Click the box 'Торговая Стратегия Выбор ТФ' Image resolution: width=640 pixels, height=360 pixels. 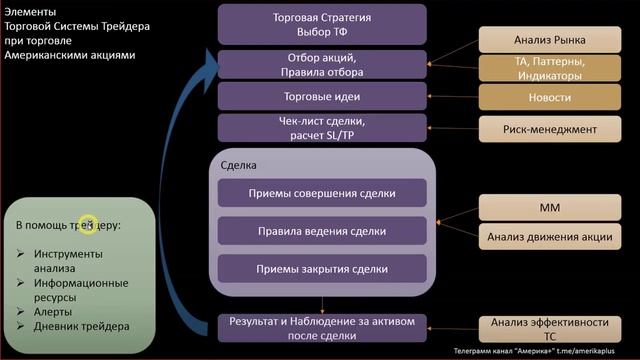322,24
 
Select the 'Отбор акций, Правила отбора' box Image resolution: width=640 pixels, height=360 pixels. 322,64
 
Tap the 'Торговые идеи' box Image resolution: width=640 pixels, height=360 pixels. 322,97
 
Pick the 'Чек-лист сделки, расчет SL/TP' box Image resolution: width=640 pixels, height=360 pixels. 322,128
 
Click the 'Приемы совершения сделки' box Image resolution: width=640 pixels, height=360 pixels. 322,193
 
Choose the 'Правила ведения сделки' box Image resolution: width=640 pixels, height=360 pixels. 322,231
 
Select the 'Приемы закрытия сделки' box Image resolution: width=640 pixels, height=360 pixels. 322,268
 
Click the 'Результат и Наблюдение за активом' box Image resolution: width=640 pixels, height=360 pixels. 322,328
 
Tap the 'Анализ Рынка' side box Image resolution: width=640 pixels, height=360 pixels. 549,40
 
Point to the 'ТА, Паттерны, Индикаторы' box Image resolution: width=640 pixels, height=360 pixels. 549,68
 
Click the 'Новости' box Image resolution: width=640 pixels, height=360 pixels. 549,97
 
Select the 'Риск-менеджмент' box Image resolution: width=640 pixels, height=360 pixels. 549,129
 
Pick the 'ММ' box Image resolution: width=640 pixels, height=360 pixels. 549,208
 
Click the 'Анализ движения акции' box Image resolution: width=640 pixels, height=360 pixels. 549,237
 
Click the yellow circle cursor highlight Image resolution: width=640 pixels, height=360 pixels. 87,226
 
